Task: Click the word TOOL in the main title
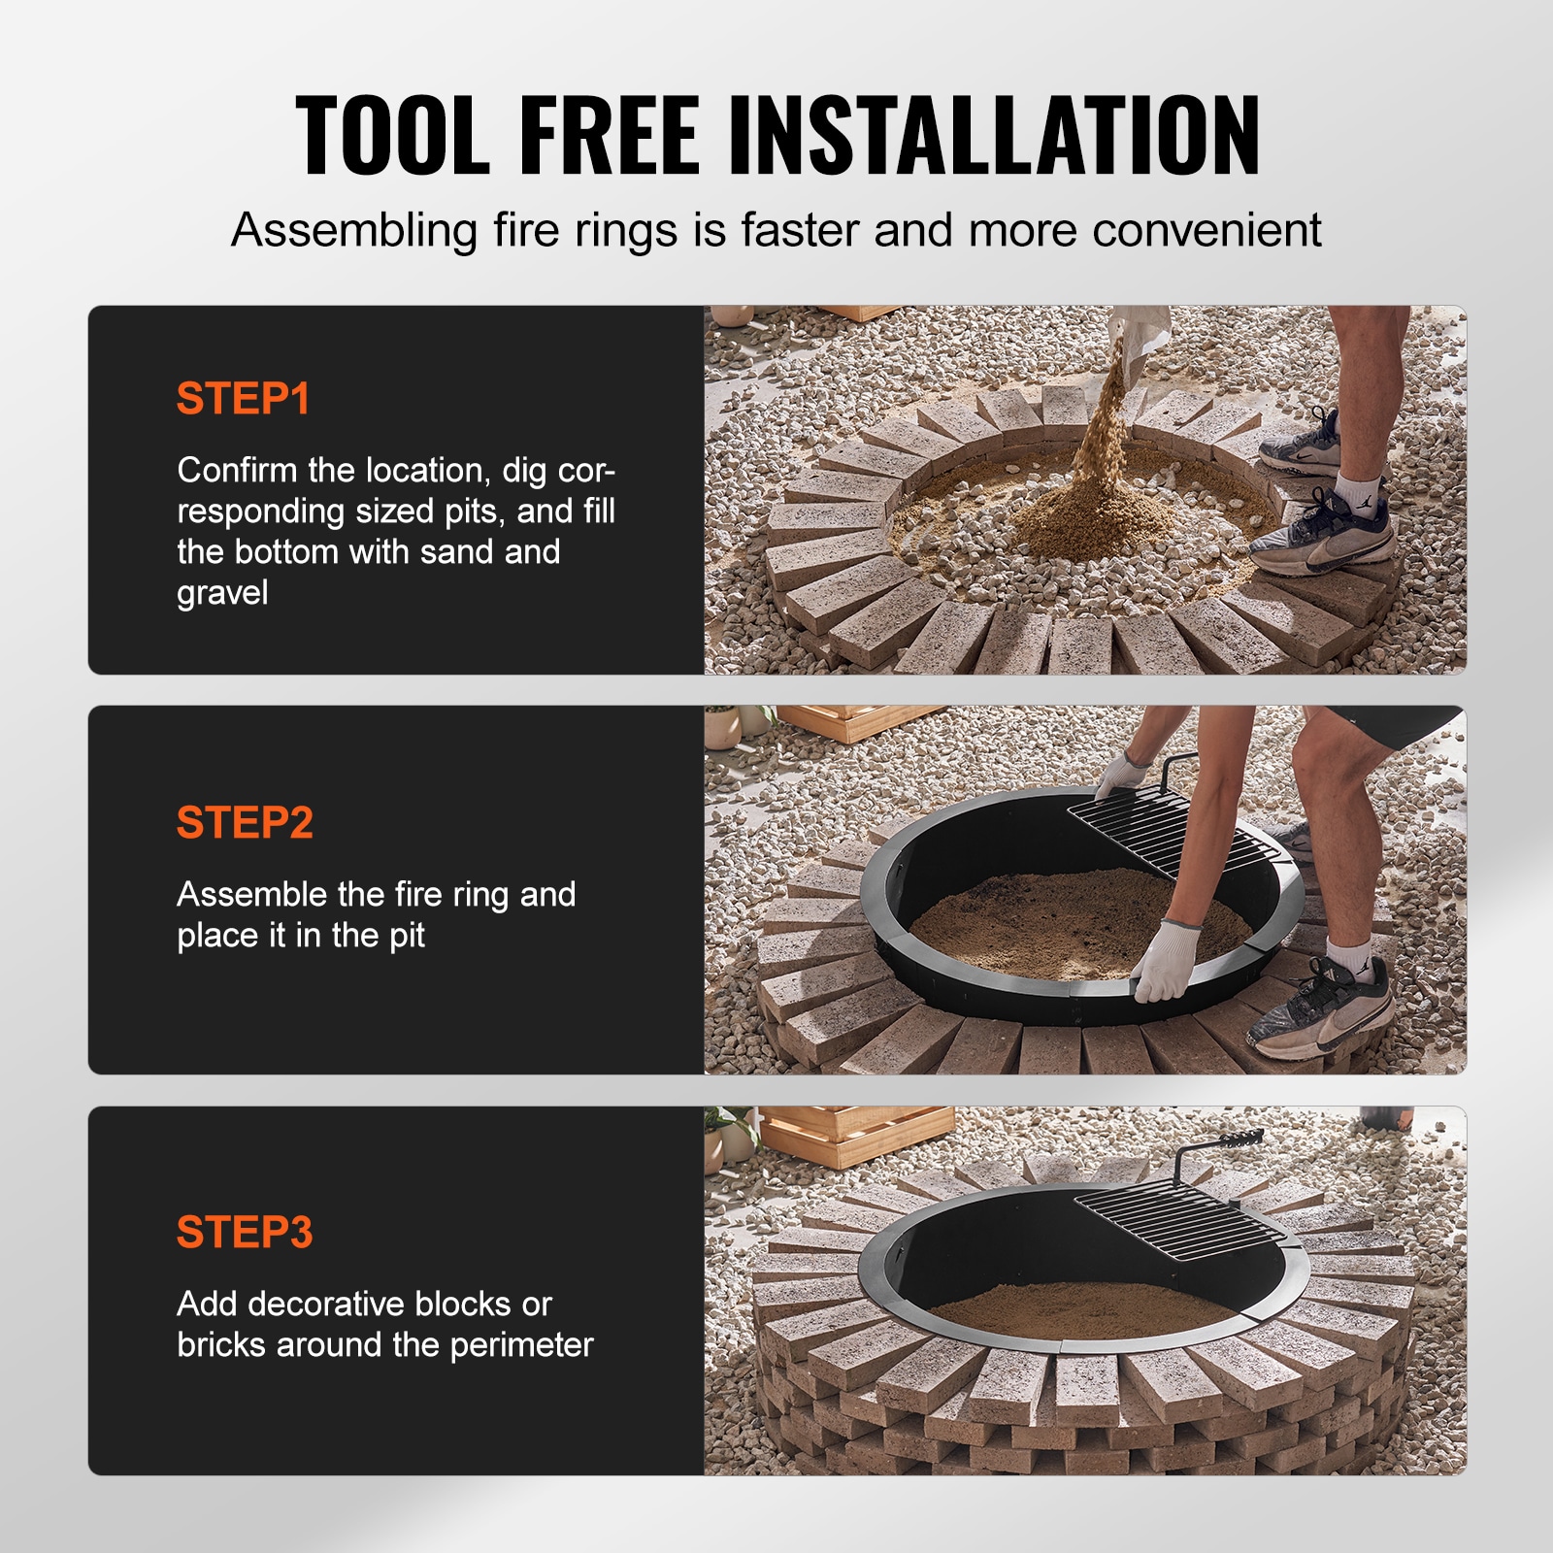point(392,136)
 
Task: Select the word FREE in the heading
point(609,136)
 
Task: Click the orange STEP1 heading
point(243,399)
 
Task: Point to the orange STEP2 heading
point(245,823)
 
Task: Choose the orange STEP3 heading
point(245,1233)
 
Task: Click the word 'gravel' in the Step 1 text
point(222,593)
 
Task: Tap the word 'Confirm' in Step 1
point(237,471)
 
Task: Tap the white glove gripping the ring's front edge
point(1165,961)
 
